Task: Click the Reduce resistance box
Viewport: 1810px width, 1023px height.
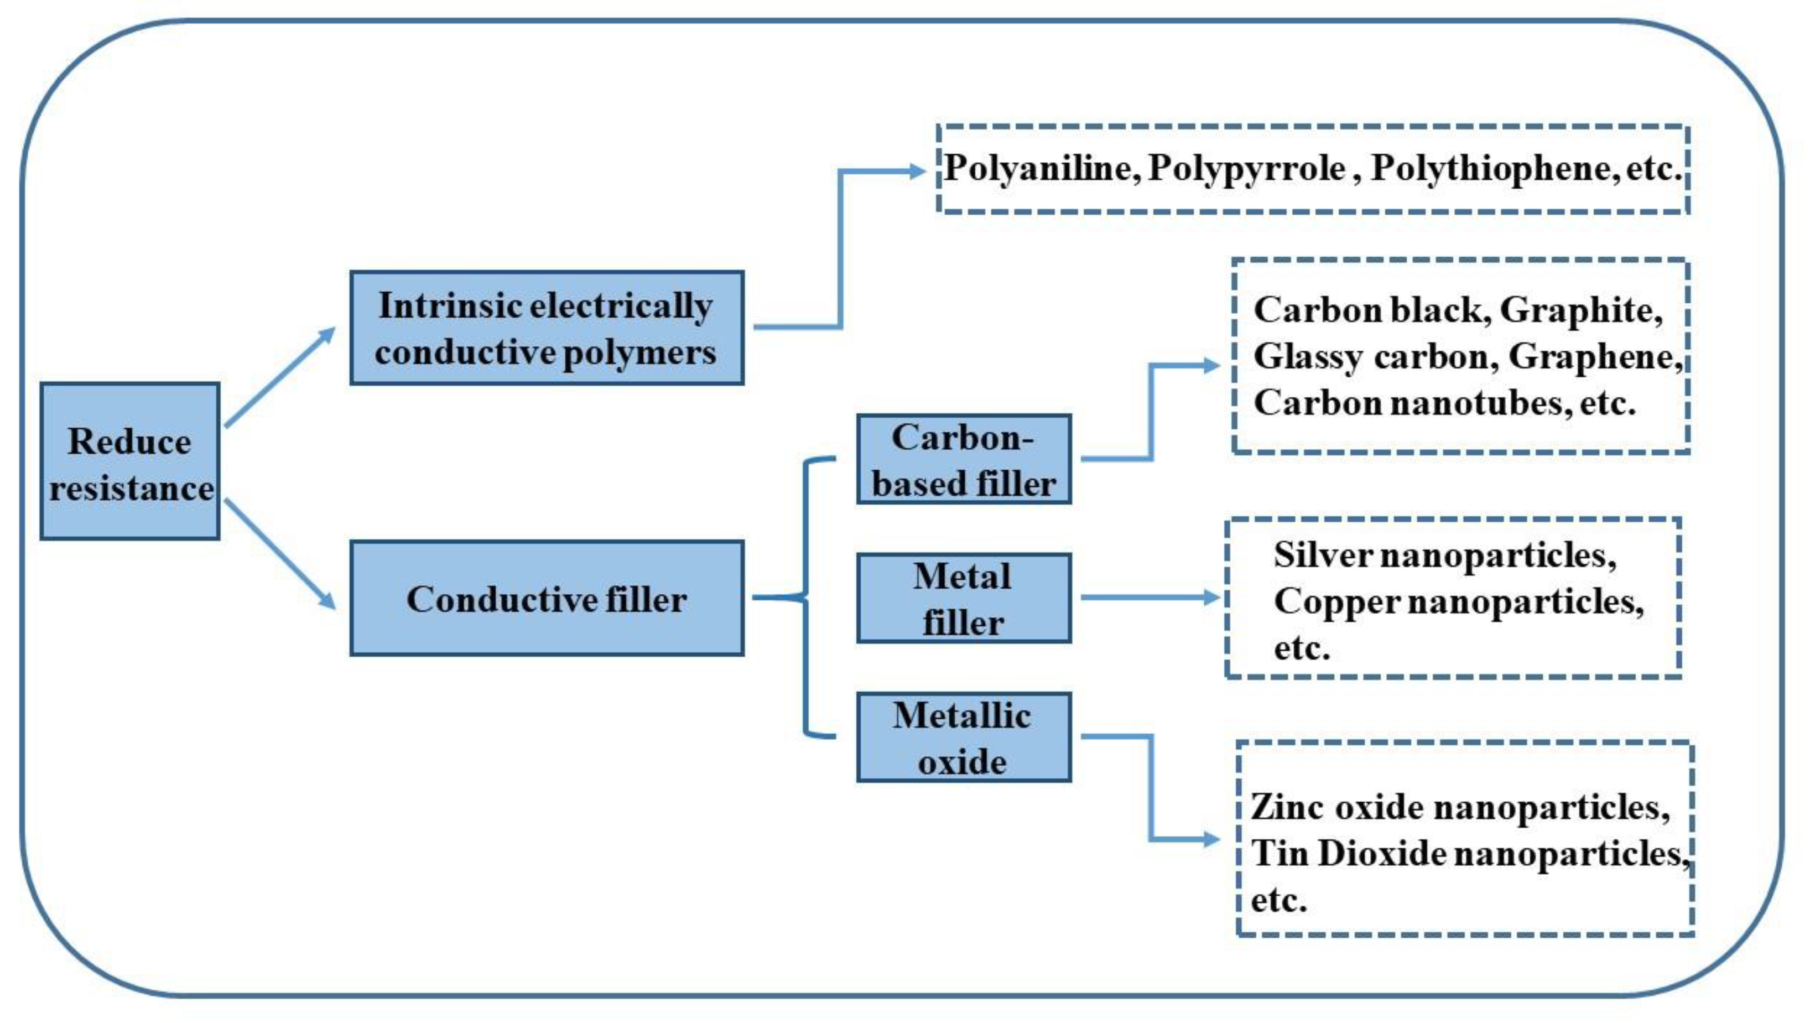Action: (130, 461)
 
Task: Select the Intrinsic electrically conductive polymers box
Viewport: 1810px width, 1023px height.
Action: (547, 328)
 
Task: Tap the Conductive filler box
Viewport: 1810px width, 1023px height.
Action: (547, 599)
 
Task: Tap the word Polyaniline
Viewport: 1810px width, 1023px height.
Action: (1038, 169)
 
